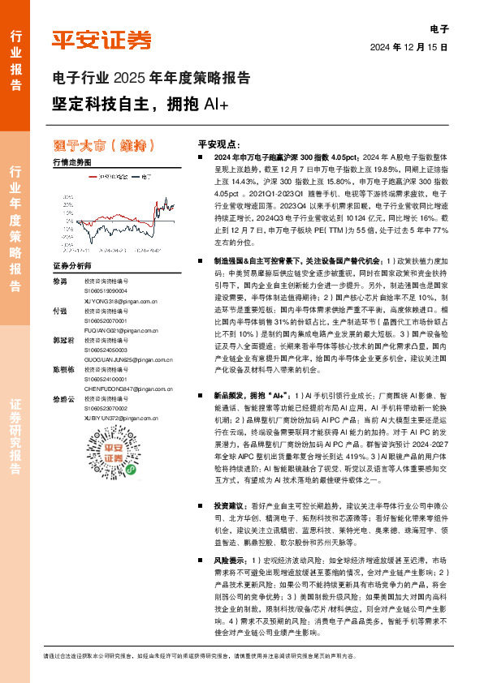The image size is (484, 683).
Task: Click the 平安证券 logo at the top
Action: [x=102, y=39]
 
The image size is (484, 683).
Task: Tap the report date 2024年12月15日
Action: [x=411, y=48]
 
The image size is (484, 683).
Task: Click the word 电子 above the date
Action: [x=439, y=29]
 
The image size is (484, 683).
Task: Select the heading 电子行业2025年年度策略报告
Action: [x=150, y=79]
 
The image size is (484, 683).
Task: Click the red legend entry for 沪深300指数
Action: [x=100, y=174]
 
